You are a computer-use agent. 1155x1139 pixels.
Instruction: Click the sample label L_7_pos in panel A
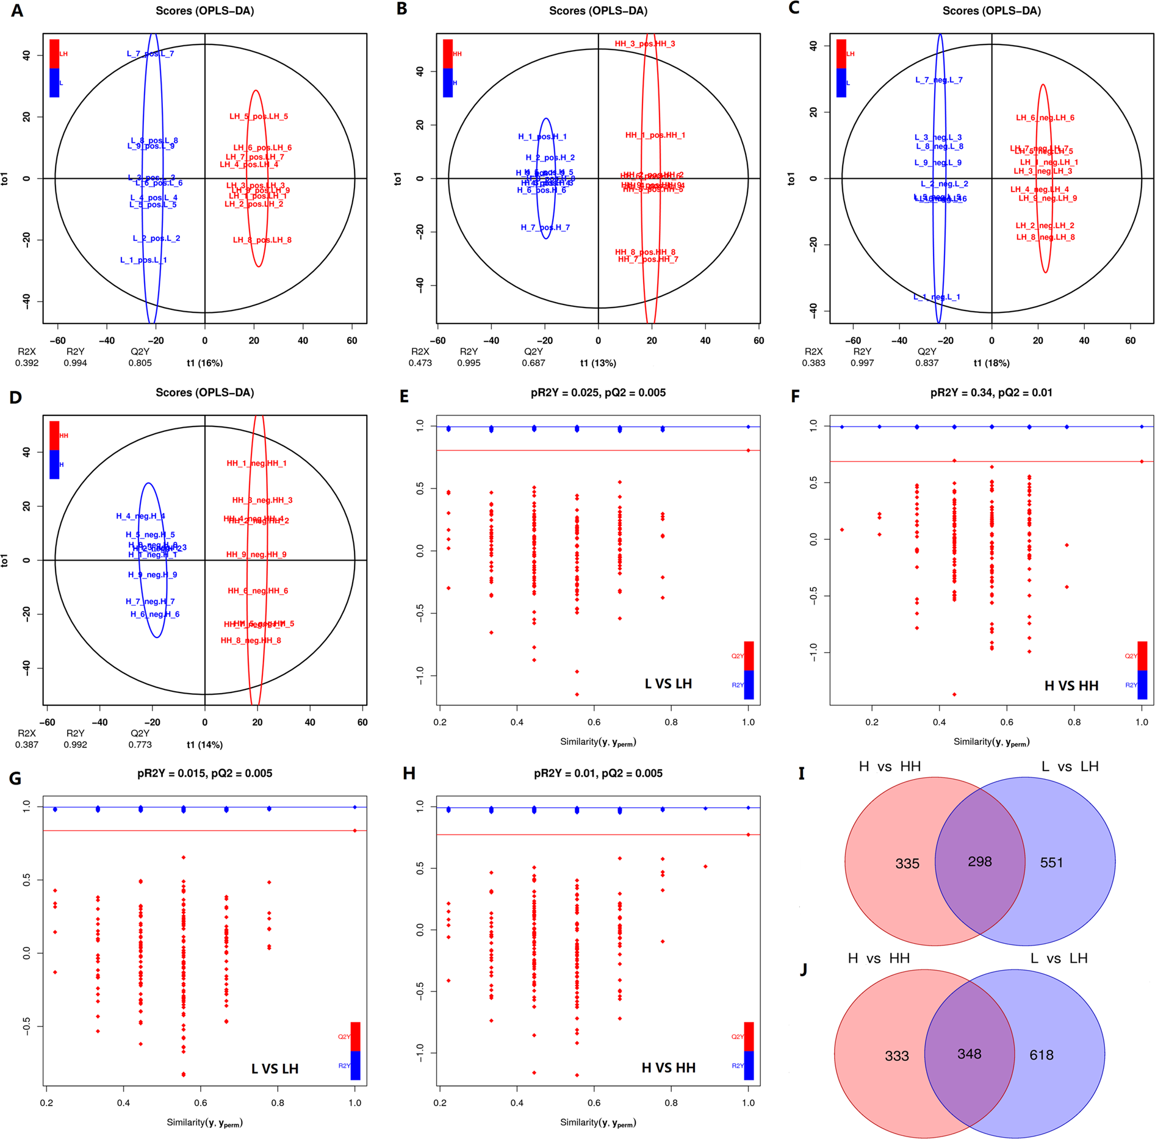tap(150, 54)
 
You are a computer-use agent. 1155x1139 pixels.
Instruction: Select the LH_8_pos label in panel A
tap(262, 240)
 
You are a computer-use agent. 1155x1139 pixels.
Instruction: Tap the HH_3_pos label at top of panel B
tap(645, 44)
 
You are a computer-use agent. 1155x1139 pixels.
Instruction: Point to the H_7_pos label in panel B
tap(545, 228)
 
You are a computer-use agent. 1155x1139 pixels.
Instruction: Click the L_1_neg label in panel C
tap(937, 297)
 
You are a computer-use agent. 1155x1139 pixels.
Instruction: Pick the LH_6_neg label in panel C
tap(1045, 118)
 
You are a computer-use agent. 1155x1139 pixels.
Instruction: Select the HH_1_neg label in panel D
tap(256, 464)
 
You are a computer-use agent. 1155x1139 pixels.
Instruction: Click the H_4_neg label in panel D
tap(140, 516)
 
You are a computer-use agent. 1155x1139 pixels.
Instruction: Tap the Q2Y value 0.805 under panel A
tap(140, 363)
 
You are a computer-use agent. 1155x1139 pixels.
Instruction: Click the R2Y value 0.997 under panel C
tap(862, 363)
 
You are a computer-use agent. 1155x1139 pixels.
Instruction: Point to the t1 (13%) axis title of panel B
tap(598, 363)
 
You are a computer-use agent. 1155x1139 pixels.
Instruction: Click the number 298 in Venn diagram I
tap(979, 861)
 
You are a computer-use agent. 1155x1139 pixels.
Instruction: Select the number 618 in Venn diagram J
tap(1041, 1055)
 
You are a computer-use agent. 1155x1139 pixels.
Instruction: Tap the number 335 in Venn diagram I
tap(907, 863)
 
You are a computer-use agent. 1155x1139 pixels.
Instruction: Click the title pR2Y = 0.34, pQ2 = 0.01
tap(991, 393)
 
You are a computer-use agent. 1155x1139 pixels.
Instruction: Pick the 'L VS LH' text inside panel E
tap(668, 684)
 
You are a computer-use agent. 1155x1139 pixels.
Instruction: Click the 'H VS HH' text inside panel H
tap(668, 1068)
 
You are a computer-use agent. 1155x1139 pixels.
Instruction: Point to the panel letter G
tap(15, 778)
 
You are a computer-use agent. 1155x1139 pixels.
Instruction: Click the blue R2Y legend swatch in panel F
tap(1142, 684)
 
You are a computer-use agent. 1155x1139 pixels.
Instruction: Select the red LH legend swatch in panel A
tap(54, 54)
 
